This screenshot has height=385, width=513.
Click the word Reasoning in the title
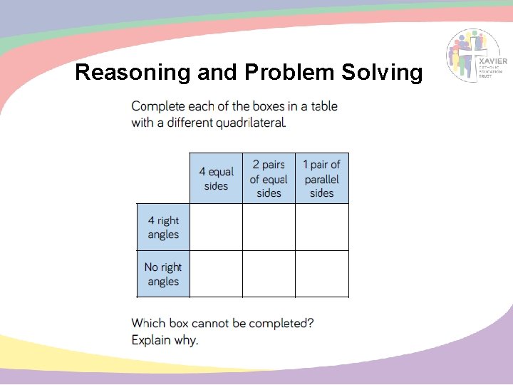pos(121,73)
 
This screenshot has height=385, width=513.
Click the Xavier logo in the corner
pos(477,56)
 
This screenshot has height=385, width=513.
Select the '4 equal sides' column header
pos(216,179)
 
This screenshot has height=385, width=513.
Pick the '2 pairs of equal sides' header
pos(269,179)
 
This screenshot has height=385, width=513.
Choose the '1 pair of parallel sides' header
pos(322,179)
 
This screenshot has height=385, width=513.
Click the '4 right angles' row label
pos(163,227)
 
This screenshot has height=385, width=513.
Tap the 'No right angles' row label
pos(163,274)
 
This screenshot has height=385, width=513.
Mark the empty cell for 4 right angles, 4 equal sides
pos(216,227)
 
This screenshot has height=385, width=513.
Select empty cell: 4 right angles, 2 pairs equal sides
pos(269,227)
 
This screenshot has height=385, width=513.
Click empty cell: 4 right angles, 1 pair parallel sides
pos(322,227)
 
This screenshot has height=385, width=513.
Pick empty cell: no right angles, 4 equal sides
pos(216,274)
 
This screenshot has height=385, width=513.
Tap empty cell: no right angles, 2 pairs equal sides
pos(269,274)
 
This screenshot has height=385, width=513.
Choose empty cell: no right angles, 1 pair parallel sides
pos(322,274)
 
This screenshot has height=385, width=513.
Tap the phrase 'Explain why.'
pos(165,340)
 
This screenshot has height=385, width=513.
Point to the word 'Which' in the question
pos(148,323)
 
